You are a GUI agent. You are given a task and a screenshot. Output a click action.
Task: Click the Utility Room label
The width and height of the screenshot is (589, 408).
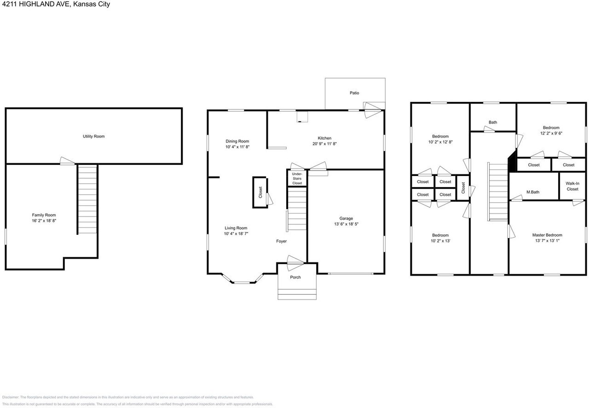93,136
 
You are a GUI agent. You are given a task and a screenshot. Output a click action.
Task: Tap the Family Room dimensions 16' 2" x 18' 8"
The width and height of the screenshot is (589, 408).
44,221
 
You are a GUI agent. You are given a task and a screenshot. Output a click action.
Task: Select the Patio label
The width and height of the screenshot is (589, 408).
354,93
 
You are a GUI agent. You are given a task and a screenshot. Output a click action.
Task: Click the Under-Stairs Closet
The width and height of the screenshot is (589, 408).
297,178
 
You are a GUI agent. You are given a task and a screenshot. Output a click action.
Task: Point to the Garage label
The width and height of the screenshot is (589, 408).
346,219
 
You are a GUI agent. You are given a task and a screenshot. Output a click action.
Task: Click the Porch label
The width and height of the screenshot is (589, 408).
295,278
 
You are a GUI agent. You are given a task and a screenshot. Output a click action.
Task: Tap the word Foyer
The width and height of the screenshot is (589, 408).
281,241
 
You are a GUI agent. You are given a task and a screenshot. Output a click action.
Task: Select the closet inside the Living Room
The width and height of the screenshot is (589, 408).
260,192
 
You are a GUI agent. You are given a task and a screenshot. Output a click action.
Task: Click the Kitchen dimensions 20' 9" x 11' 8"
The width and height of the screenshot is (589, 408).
324,144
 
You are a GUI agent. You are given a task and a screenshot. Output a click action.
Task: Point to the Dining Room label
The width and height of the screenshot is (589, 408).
237,142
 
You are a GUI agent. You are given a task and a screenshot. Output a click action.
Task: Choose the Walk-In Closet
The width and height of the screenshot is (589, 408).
572,186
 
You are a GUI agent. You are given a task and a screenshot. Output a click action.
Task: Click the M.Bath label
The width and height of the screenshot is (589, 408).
533,192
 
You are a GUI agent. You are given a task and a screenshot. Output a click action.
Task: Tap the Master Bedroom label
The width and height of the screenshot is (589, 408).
547,235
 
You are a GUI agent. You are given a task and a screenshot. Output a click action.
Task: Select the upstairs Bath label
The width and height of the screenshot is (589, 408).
493,122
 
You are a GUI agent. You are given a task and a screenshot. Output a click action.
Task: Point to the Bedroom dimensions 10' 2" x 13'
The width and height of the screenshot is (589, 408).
439,241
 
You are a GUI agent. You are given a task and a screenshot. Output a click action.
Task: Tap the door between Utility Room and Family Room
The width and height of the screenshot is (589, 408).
67,160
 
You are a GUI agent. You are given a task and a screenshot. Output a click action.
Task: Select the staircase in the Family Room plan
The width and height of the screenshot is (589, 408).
87,199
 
